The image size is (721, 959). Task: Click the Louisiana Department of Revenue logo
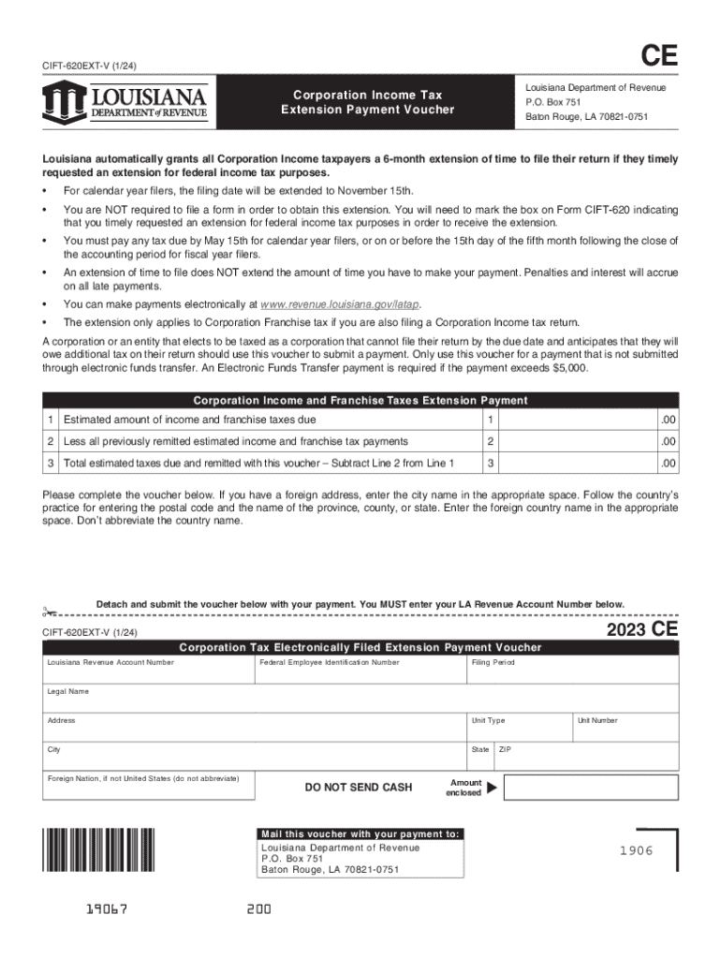[125, 100]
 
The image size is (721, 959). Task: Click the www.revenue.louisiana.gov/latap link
[341, 304]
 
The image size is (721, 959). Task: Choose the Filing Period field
[572, 671]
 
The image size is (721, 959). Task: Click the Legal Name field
[360, 700]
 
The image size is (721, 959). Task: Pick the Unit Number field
[625, 729]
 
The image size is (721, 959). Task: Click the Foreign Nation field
[147, 787]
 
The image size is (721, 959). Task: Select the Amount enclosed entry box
[590, 787]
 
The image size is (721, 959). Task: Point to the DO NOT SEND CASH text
[359, 788]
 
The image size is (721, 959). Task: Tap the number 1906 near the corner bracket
[636, 850]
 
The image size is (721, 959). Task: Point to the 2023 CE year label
[641, 630]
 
